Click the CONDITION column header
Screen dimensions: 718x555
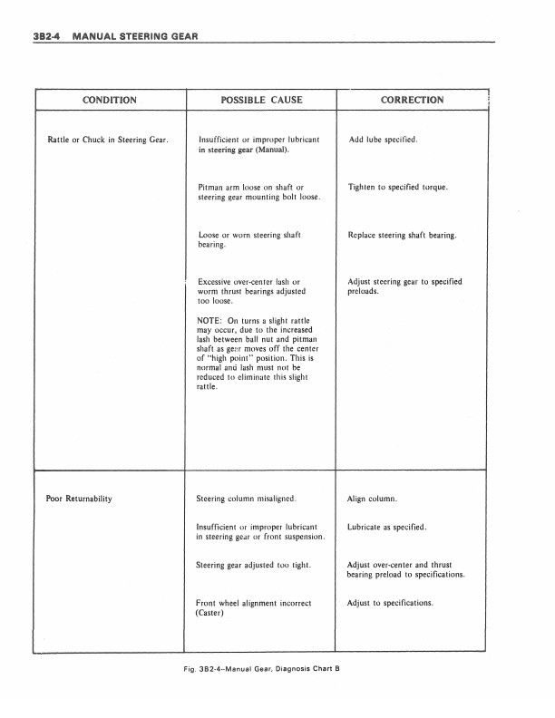(x=110, y=100)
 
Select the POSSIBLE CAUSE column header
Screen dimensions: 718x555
(x=261, y=100)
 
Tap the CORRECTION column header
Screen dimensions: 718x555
(x=413, y=100)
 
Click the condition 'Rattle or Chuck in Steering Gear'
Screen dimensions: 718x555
(x=107, y=141)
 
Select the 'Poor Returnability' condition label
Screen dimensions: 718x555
(x=79, y=499)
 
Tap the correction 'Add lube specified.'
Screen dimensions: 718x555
(x=382, y=141)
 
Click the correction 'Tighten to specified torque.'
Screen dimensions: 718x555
(x=397, y=188)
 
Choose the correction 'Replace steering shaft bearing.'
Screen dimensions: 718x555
(x=402, y=236)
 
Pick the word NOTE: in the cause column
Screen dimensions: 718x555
(x=210, y=321)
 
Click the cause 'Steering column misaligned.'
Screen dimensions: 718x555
(x=246, y=499)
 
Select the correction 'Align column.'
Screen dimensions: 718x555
(x=373, y=499)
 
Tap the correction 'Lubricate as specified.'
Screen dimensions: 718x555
(x=386, y=527)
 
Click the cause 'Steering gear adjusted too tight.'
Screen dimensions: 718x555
(x=254, y=566)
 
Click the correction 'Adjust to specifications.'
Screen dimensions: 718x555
(x=390, y=603)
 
